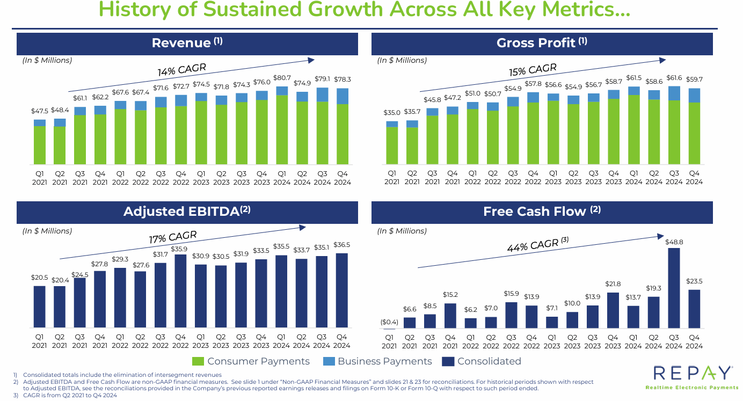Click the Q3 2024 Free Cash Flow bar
674,288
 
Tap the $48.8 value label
674,242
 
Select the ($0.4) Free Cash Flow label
390,322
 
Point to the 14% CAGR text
181,70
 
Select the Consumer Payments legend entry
251,361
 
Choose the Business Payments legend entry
377,361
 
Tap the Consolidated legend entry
482,361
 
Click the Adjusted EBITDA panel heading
187,212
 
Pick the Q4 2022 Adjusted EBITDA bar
181,291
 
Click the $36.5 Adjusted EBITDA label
341,245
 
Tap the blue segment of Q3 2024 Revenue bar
322,94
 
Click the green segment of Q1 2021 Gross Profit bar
392,145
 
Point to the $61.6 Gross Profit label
674,78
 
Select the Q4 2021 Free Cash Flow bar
450,316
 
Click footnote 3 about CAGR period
70,395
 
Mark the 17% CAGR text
173,237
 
